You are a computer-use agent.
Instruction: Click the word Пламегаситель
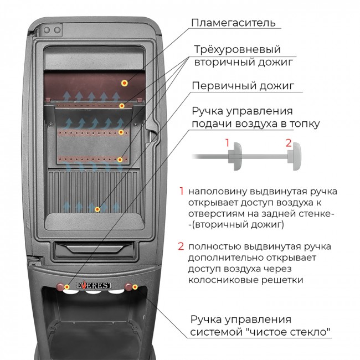click(x=233, y=23)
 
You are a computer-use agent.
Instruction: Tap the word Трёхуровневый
click(x=238, y=50)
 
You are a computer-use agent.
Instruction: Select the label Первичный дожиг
click(x=243, y=86)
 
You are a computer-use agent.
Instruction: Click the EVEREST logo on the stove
click(x=94, y=285)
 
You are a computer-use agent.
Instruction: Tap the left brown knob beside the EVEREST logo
click(x=60, y=286)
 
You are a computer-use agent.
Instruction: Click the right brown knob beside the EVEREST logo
click(x=128, y=286)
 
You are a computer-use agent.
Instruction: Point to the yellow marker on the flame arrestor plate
click(x=125, y=83)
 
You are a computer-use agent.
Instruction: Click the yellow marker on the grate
click(x=97, y=209)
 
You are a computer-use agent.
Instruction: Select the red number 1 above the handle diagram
click(x=227, y=143)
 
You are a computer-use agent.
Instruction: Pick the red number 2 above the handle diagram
click(x=289, y=143)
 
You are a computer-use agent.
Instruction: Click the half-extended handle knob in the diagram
click(x=235, y=156)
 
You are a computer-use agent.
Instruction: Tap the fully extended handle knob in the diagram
click(x=294, y=156)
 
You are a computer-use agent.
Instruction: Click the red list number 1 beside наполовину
click(x=182, y=191)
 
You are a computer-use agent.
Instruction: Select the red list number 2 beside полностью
click(x=181, y=246)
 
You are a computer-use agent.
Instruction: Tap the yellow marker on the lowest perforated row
click(x=120, y=160)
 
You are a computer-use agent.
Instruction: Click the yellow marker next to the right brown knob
click(x=135, y=287)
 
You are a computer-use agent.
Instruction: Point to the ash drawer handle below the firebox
click(x=94, y=249)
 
